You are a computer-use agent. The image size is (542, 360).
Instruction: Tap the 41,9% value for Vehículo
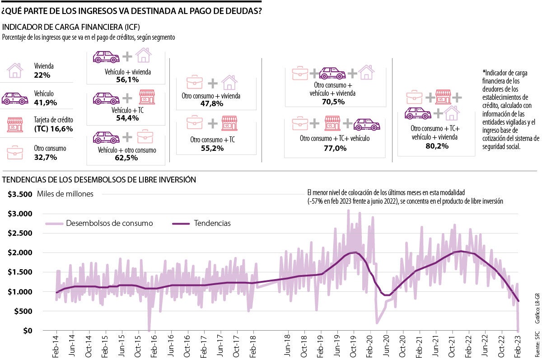(45, 103)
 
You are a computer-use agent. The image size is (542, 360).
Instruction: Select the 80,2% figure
(436, 146)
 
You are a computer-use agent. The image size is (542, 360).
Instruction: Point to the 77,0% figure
(335, 148)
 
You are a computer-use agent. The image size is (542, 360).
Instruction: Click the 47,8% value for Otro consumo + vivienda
(211, 104)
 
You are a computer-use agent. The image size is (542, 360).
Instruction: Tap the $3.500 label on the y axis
(20, 194)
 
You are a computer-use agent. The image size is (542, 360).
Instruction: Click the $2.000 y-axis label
(20, 252)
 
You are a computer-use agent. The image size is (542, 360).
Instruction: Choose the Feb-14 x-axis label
(56, 346)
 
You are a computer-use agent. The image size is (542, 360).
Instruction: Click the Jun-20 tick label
(387, 346)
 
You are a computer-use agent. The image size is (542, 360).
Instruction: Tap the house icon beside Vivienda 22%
(15, 70)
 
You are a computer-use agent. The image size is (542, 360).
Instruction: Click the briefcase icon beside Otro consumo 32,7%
(15, 153)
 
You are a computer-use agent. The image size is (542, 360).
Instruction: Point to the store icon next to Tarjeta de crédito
(15, 125)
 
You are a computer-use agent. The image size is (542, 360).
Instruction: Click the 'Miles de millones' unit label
(65, 194)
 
